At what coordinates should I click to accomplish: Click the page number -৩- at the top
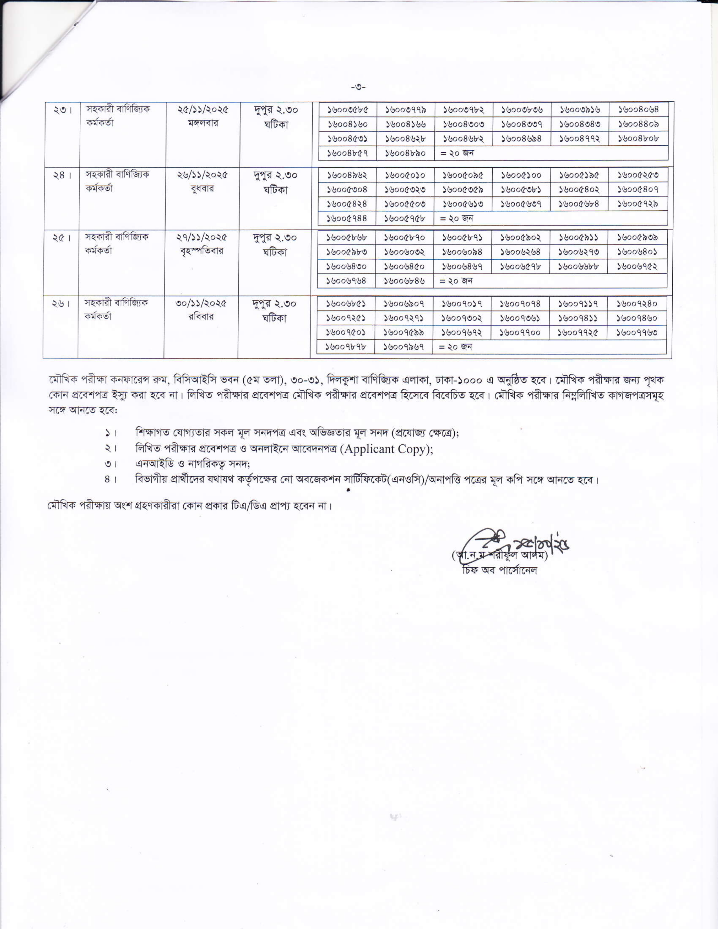[x=358, y=88]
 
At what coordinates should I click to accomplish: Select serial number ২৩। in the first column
[x=63, y=110]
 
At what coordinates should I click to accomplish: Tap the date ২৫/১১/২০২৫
[x=203, y=110]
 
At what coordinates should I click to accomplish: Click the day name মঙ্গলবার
[x=203, y=123]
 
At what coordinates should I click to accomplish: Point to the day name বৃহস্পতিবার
[x=202, y=251]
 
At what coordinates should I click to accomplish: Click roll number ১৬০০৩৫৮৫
[x=347, y=110]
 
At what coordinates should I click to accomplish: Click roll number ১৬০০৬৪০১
[x=637, y=252]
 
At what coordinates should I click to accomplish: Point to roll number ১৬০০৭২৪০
[x=637, y=304]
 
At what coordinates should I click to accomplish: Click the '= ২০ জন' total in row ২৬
[x=455, y=347]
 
